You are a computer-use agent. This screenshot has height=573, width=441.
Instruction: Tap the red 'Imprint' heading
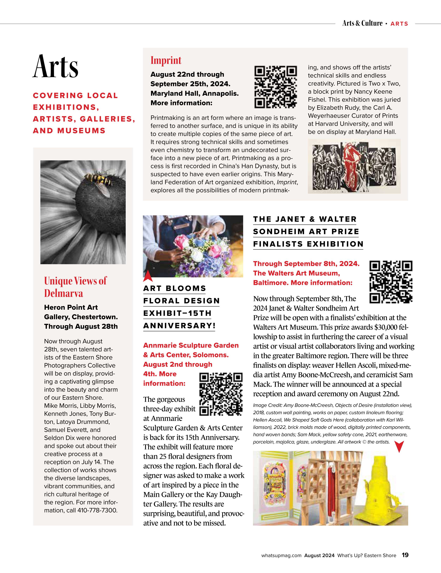click(166, 60)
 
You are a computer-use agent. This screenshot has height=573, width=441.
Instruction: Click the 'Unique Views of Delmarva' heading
click(75, 287)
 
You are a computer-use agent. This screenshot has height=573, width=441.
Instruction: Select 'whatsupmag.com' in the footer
click(281, 555)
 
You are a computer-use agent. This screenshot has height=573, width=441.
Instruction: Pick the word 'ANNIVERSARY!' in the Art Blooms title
click(179, 326)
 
